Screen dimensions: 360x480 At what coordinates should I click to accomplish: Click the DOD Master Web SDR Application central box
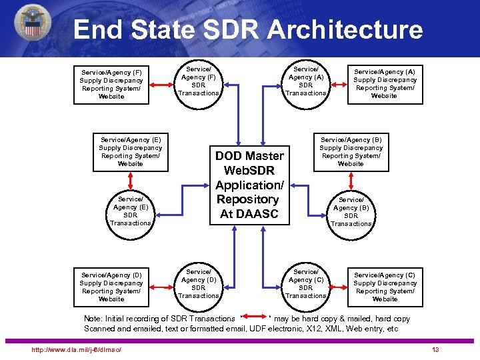pos(249,185)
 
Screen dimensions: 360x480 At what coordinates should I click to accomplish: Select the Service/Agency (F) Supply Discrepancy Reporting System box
pos(111,84)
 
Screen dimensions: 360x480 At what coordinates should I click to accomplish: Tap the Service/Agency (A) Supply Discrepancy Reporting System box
pos(384,84)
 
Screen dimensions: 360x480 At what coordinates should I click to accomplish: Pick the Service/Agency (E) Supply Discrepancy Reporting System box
pos(130,151)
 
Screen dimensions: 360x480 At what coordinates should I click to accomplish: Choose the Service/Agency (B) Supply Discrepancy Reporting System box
pos(351,151)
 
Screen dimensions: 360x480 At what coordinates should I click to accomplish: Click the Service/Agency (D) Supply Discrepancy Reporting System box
pos(111,287)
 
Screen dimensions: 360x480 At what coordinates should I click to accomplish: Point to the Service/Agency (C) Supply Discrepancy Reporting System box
pos(384,287)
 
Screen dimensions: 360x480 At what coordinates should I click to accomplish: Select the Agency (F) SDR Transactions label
pos(199,81)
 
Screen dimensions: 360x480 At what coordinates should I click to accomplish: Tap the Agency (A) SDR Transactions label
pos(306,81)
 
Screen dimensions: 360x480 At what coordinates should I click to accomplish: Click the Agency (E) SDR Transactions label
pos(131,211)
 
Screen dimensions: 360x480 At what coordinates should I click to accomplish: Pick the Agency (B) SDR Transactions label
pos(351,211)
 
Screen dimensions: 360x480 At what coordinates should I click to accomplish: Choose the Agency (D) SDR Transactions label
pos(199,283)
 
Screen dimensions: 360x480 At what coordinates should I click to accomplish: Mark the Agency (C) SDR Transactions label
pos(306,283)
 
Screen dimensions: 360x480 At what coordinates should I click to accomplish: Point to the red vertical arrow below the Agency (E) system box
pos(131,180)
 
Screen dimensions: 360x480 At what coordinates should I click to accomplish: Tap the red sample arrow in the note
pos(255,315)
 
